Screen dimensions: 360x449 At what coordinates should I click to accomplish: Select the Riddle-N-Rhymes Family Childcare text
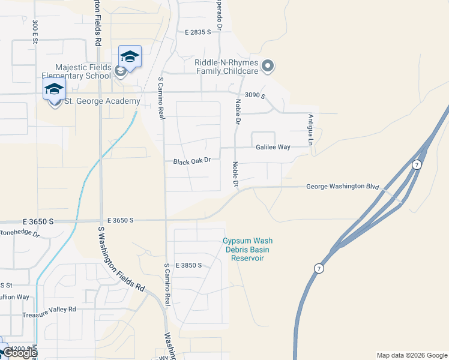pos(226,66)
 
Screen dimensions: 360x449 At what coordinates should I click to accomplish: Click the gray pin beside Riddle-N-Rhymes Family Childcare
pos(268,66)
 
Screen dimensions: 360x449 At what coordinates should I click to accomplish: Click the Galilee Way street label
pos(273,147)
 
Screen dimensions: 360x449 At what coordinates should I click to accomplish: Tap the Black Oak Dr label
pos(192,161)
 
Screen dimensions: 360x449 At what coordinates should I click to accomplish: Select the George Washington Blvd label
pos(343,187)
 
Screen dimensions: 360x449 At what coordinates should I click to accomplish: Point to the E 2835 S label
pos(198,32)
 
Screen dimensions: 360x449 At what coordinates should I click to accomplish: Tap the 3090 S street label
pos(255,96)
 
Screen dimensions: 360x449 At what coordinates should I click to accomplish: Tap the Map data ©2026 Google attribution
pos(411,355)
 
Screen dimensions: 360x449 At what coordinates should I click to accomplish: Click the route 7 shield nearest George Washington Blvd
pos(416,164)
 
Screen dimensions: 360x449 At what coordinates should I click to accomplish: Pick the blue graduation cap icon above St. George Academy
pos(54,90)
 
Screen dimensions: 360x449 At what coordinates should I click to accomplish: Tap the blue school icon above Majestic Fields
pos(130,58)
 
